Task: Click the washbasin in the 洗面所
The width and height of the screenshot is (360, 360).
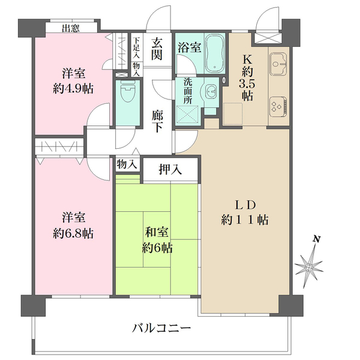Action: click(209, 92)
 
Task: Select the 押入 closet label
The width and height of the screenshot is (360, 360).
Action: click(170, 169)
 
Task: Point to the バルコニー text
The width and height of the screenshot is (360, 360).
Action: click(161, 328)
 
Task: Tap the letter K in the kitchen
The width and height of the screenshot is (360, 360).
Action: click(247, 59)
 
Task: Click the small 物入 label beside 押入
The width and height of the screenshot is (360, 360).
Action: click(127, 164)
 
